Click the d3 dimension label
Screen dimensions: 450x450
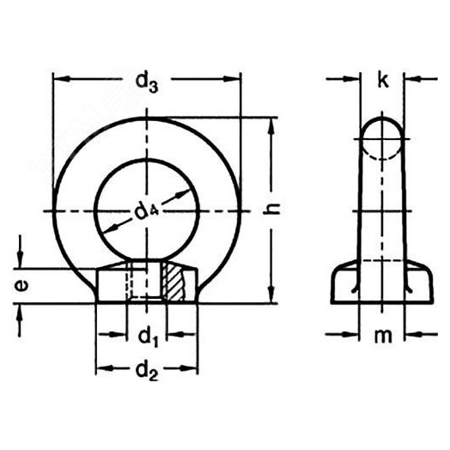point(147,82)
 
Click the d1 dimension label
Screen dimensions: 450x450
point(147,332)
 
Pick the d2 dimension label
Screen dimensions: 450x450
point(147,372)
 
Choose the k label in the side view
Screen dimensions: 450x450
point(383,82)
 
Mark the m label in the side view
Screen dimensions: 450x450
point(384,334)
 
